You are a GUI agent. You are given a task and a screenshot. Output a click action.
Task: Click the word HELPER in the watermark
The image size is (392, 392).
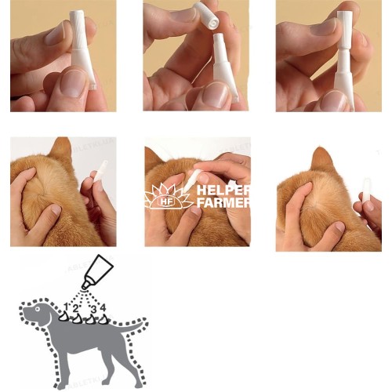coord(223,191)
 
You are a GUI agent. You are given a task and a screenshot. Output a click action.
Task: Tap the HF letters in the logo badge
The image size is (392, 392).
coord(164,201)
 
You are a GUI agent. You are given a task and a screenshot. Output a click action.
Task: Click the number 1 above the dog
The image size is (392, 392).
coord(67,307)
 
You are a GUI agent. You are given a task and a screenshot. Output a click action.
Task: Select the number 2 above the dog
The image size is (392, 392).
coord(75,308)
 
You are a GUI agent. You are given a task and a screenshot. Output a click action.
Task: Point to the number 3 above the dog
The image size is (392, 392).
coord(93,309)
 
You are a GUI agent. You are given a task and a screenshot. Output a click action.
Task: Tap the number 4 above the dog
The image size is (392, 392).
coord(103,307)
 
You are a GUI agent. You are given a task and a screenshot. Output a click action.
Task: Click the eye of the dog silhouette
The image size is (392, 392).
coord(38,309)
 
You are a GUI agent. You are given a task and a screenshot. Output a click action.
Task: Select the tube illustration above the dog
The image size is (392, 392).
coord(97,271)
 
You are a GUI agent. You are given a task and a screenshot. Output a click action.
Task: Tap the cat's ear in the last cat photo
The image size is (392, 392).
coord(322,159)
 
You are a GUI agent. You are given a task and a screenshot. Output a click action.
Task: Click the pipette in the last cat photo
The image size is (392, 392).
coord(366,190)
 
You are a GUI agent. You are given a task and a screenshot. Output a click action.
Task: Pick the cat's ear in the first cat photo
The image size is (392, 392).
coord(60,151)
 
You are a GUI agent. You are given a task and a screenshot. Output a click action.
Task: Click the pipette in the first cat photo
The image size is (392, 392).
coord(100,171)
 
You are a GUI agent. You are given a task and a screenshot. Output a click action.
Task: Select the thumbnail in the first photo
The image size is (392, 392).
coord(71,83)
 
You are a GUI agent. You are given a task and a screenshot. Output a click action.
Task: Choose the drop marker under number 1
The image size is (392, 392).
coord(64,317)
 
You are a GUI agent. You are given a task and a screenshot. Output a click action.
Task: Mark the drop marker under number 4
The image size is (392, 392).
coord(103,319)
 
